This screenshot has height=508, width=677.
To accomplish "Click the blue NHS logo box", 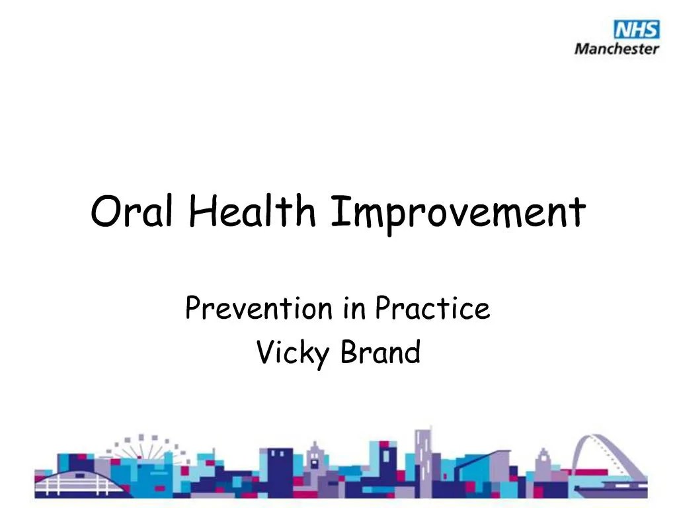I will (x=636, y=30).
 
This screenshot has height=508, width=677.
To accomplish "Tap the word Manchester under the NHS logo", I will (x=616, y=48).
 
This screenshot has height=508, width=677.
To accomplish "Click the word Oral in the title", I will (x=128, y=212).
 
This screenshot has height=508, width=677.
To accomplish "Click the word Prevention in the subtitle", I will (x=259, y=308).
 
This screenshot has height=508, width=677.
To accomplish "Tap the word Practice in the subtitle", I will (x=432, y=308).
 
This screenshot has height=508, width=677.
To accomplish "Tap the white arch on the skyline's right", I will (x=608, y=450).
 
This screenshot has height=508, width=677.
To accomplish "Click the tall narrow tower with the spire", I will (x=422, y=456).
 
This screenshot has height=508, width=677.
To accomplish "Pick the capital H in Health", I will (x=201, y=211).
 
